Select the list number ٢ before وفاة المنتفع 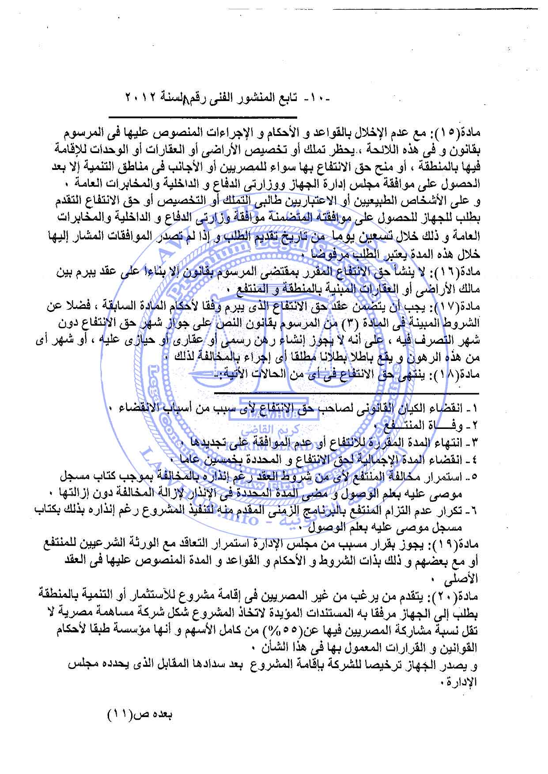474,426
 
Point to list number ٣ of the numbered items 474,443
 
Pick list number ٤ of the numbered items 474,459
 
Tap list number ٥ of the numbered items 474,476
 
